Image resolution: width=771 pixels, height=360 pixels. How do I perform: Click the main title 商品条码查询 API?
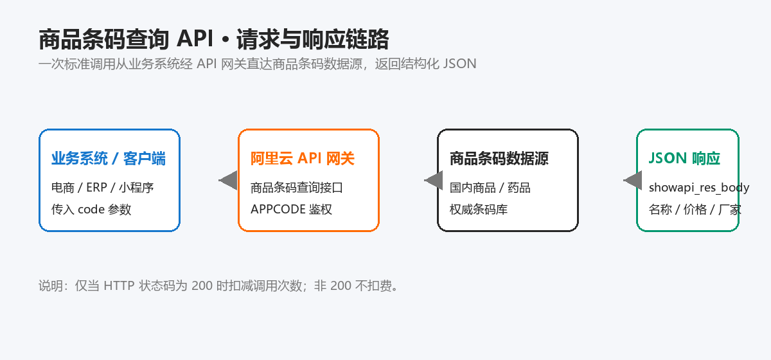coord(127,39)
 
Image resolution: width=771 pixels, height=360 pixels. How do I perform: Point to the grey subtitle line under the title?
coord(258,64)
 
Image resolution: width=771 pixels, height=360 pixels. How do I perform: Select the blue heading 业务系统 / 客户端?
coord(109,159)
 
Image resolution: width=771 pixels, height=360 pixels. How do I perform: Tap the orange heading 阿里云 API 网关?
coord(303,159)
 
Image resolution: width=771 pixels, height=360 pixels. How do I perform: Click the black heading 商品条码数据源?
coord(499,159)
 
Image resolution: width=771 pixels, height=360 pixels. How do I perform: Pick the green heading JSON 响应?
coord(684,159)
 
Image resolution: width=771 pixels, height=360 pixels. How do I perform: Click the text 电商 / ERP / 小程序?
coord(103,188)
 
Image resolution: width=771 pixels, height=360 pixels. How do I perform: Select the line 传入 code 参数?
coord(91,210)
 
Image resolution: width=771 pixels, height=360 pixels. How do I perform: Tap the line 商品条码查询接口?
coord(297,188)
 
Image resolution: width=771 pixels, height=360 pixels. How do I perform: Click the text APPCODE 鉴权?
coord(291,210)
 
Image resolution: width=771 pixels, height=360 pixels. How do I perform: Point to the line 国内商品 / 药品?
coord(490,188)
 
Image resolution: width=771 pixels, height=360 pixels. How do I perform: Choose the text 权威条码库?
coord(479,210)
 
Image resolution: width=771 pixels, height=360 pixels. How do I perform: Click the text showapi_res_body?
coord(699,188)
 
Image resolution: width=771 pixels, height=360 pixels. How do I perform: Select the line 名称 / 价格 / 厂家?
coord(695,210)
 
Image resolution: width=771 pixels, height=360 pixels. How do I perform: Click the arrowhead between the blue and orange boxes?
coord(228,180)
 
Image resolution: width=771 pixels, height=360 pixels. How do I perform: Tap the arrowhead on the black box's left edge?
coord(434,180)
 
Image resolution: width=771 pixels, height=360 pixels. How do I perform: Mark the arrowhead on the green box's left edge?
coord(633,180)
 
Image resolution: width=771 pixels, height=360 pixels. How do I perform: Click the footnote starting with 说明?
coord(218,286)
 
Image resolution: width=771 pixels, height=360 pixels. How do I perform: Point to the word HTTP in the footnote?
coord(119,286)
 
